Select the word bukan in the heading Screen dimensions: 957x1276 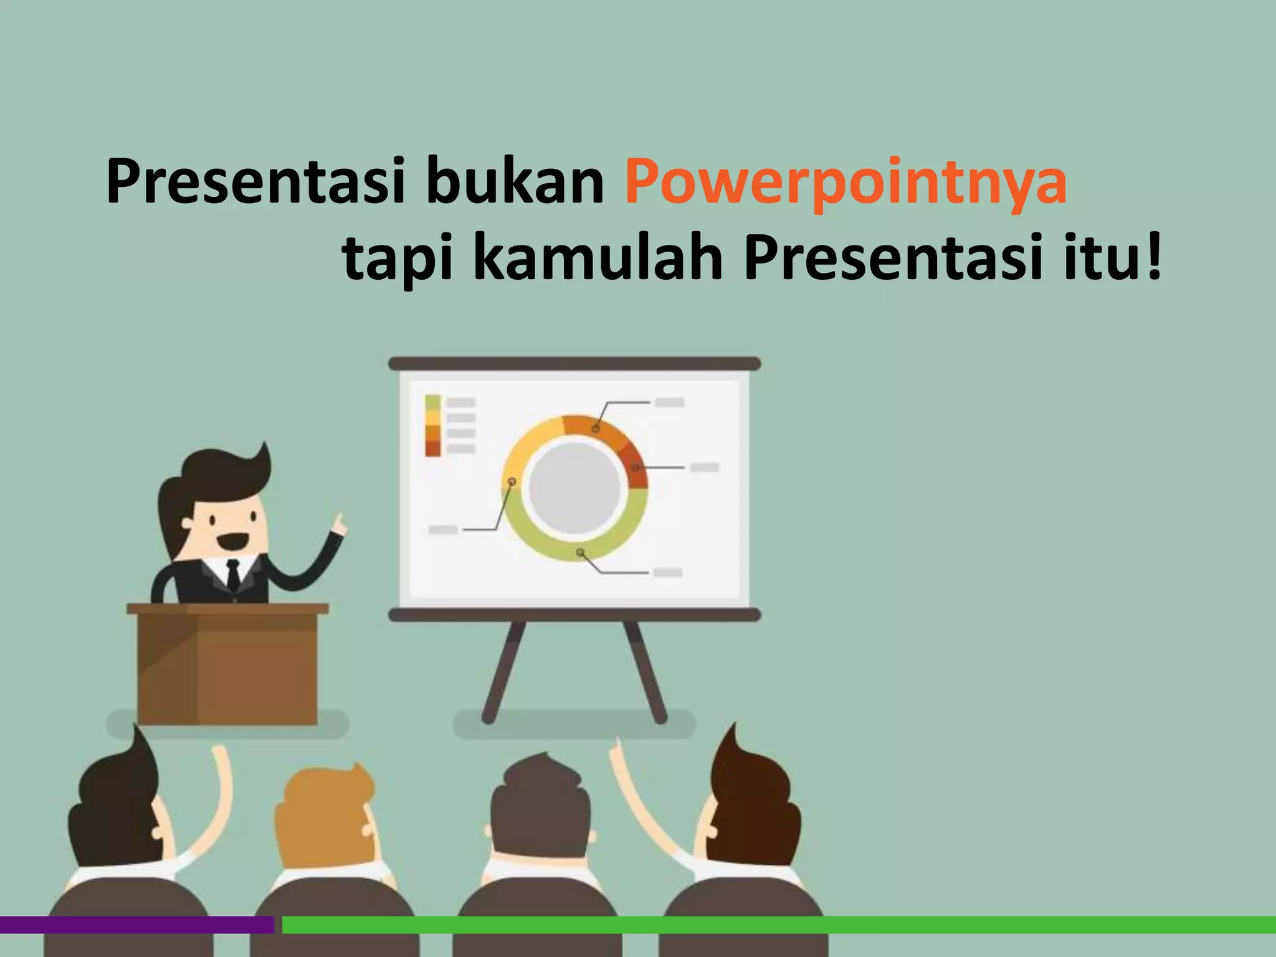pos(515,182)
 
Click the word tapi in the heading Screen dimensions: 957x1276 pos(398,260)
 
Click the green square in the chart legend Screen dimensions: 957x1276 pos(432,402)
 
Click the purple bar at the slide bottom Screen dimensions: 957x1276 pos(137,925)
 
